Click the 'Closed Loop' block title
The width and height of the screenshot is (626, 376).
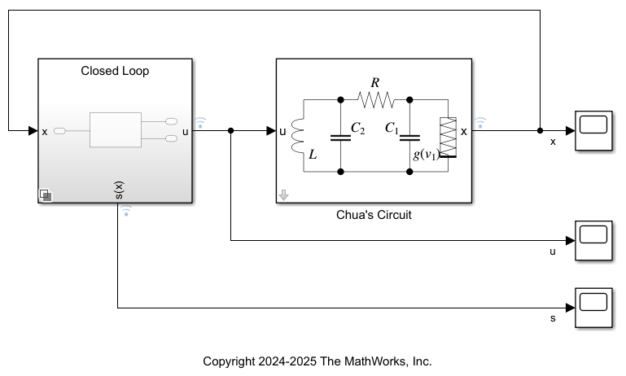coord(115,71)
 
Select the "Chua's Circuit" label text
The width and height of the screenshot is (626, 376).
coord(374,216)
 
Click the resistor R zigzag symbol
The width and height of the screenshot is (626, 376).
coord(375,100)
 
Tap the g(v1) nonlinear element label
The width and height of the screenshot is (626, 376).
coord(426,154)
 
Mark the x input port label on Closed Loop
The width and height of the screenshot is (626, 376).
coord(45,130)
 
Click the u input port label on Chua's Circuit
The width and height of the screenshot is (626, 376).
coord(282,130)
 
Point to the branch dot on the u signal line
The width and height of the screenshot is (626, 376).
coord(231,130)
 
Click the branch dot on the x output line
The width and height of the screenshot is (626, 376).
coord(540,130)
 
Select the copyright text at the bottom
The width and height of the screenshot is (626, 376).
coord(317,361)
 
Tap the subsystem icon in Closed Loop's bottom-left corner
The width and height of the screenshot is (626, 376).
coord(46,195)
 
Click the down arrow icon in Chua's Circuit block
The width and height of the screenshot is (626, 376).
coord(284,195)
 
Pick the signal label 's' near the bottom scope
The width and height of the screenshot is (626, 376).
coord(553,318)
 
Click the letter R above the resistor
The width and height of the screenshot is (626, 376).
coord(374,83)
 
